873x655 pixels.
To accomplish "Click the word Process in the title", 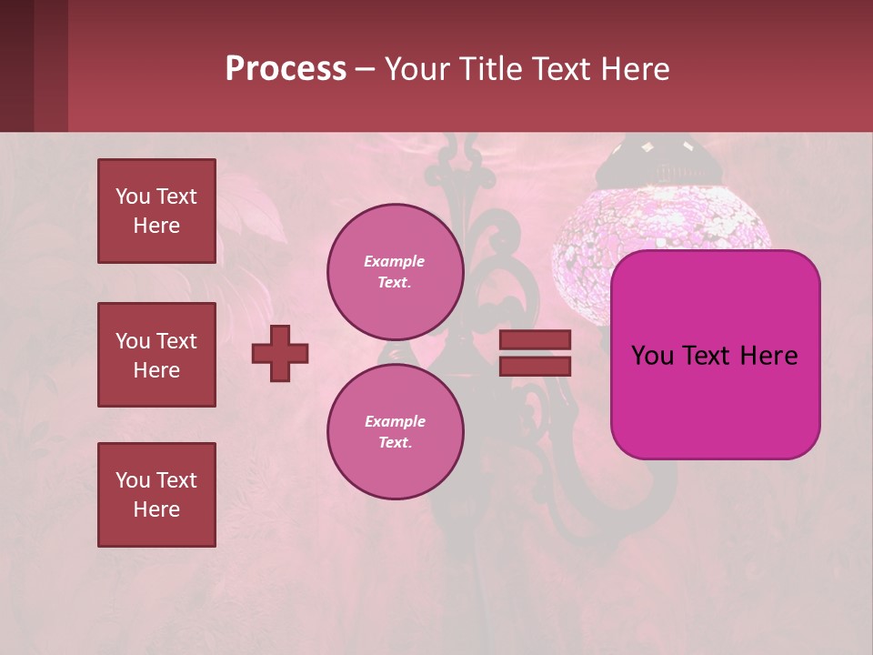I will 286,69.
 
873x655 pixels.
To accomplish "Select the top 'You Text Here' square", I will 156,211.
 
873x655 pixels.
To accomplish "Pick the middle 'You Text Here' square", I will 156,355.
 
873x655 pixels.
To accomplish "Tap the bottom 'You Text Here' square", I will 156,495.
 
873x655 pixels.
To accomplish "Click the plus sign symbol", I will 280,353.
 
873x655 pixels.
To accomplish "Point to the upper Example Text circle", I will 395,271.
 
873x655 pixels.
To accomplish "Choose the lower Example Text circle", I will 395,431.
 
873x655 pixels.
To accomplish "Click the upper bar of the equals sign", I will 535,339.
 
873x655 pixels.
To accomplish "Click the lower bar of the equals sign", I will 535,367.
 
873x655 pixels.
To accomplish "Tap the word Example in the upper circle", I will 395,261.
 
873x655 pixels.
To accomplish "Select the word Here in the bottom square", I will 156,509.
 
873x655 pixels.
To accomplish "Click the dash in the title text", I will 365,70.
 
